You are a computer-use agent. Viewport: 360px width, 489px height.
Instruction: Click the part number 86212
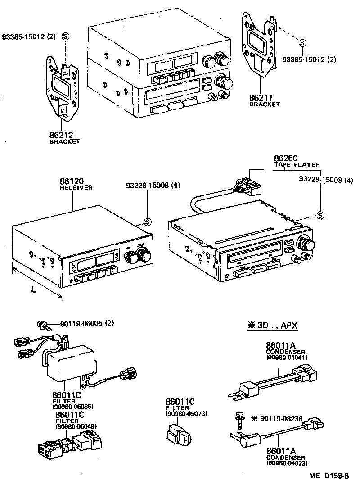coord(62,135)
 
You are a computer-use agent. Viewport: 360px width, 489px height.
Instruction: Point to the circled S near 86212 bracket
coord(65,36)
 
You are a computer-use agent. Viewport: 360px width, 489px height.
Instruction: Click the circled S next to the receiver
coord(147,222)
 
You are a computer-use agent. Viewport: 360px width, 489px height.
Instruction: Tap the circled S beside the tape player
coord(320,215)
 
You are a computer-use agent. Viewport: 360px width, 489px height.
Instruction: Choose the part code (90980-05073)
coord(186,413)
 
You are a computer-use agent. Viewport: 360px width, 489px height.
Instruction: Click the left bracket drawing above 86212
coord(63,91)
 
